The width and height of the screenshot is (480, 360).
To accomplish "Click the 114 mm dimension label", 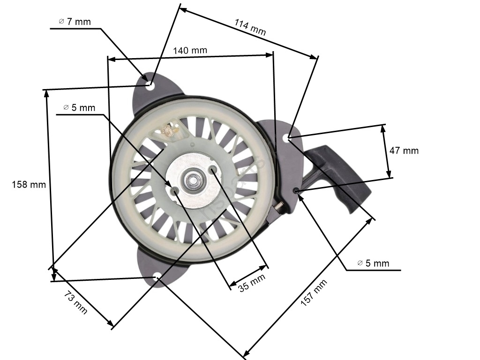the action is (250, 27).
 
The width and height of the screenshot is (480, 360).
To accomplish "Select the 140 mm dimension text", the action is (190, 50).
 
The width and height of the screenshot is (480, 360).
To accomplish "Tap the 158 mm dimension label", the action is (29, 185).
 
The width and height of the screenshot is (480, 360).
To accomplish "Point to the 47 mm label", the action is (404, 150).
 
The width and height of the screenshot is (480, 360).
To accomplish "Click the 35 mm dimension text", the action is (252, 283).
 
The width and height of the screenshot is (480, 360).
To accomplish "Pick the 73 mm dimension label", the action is (75, 303).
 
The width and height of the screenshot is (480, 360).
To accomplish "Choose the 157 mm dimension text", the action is (314, 292).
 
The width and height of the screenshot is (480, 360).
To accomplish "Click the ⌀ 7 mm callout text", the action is (75, 22).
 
